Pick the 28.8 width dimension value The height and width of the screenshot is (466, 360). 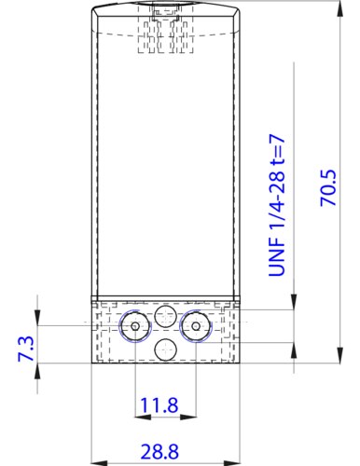pyautogui.click(x=159, y=451)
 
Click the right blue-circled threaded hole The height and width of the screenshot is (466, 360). pyautogui.click(x=195, y=327)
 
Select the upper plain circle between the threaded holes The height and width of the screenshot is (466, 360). pyautogui.click(x=165, y=315)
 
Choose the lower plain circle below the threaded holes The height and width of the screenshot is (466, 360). pyautogui.click(x=165, y=349)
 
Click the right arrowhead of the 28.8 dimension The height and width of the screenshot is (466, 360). pyautogui.click(x=234, y=461)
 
